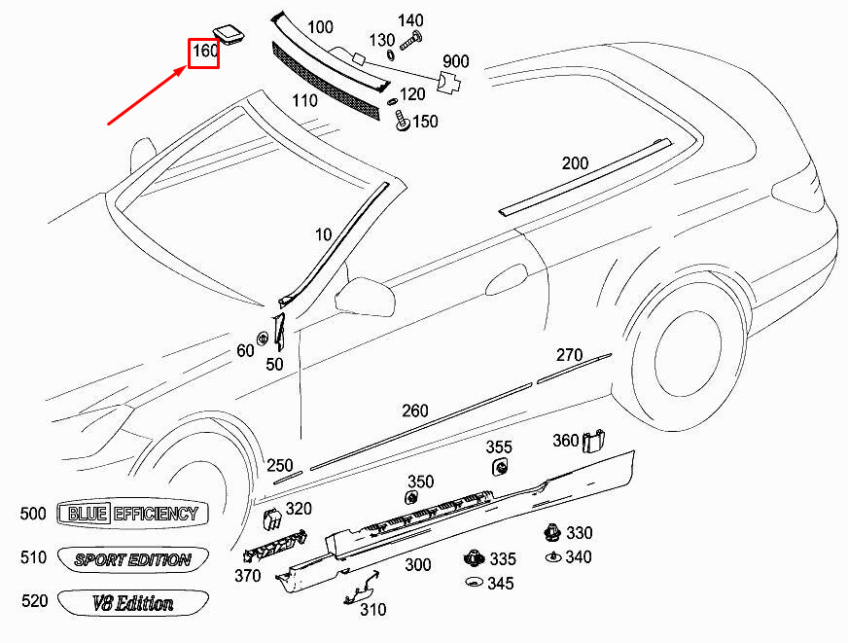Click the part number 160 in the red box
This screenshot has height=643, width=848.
(x=205, y=52)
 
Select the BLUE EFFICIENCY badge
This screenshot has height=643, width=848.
(x=132, y=514)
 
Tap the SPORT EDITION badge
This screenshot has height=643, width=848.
(x=132, y=558)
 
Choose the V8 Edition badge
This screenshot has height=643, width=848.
(x=132, y=602)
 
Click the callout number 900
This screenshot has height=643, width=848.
(x=456, y=61)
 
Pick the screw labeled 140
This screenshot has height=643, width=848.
(x=411, y=41)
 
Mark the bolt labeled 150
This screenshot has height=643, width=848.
(x=402, y=121)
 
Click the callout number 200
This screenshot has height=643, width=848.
(x=575, y=162)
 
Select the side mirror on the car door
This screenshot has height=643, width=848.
(x=364, y=297)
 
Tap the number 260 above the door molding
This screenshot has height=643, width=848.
(x=415, y=411)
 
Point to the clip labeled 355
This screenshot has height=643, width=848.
(x=501, y=467)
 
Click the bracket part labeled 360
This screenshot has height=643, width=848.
(x=594, y=441)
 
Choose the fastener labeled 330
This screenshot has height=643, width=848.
(x=551, y=533)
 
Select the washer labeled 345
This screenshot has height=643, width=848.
(x=474, y=583)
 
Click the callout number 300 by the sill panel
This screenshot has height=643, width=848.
(x=418, y=564)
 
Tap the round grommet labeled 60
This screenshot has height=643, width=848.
(x=263, y=338)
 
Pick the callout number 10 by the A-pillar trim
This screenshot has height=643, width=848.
(x=323, y=234)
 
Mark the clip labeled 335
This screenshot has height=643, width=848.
(x=475, y=557)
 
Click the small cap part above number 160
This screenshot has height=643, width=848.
(x=230, y=33)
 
